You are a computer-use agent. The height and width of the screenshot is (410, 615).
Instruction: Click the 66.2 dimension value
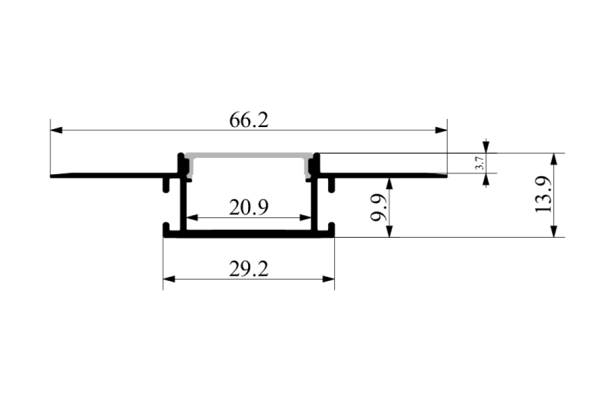(249, 120)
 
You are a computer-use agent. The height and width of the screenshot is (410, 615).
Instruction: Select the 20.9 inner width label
(249, 208)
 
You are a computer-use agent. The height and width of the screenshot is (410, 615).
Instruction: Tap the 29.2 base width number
(249, 269)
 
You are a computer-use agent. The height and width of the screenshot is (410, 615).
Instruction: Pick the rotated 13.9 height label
(544, 195)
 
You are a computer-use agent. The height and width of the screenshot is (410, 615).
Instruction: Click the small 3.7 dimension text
(479, 163)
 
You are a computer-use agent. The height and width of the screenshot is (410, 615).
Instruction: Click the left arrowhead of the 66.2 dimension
(57, 130)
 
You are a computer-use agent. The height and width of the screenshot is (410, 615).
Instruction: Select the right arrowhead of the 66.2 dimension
(441, 130)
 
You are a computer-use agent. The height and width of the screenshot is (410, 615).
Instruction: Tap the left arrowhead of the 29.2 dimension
(169, 279)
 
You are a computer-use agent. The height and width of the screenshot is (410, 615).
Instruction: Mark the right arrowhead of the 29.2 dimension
(328, 279)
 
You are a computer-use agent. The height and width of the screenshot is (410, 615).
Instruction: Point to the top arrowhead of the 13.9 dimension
(553, 159)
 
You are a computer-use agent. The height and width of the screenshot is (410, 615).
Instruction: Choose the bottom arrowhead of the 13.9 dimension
(553, 231)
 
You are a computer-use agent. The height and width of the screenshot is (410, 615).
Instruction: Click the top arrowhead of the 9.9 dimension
(389, 184)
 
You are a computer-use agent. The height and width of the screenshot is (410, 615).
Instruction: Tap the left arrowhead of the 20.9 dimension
(192, 217)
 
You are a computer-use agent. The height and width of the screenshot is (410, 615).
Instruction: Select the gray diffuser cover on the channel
(249, 155)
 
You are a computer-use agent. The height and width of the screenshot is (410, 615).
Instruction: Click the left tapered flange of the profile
(113, 175)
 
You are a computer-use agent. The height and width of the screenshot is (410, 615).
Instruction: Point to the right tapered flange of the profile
(383, 175)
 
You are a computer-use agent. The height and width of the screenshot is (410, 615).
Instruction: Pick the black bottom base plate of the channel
(249, 234)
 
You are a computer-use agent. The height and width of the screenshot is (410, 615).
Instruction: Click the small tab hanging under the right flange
(331, 185)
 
